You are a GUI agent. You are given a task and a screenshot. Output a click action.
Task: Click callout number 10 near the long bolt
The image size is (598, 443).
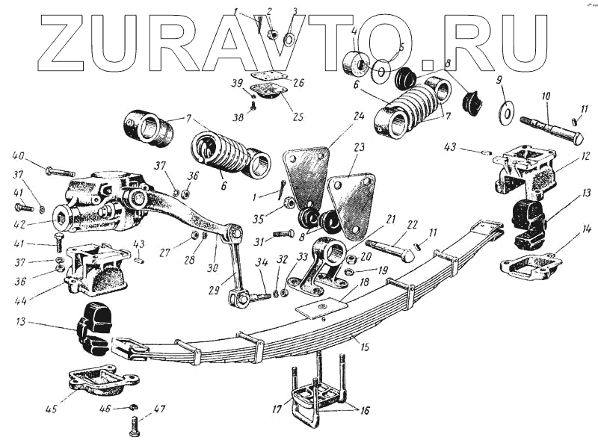(x=546, y=96)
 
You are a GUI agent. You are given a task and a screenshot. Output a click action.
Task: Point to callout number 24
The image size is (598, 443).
(x=359, y=116)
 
